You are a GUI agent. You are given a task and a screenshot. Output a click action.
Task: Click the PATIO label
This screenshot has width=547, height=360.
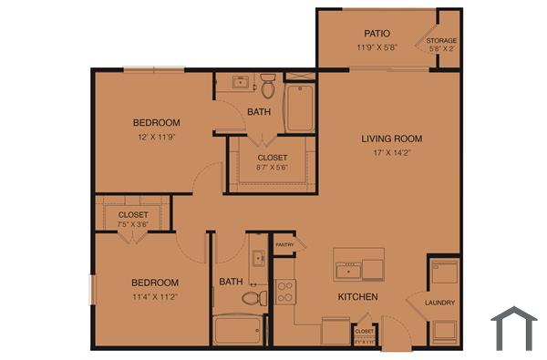pos(377,33)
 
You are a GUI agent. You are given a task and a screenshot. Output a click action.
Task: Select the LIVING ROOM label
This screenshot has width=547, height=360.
pos(391,139)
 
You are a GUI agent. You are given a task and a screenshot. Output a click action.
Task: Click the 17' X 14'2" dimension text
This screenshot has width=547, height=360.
pos(391,154)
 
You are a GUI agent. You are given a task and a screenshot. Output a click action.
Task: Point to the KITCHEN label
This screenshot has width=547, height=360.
pos(357,297)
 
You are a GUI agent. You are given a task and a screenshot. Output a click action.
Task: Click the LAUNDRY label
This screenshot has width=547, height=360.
pos(439,303)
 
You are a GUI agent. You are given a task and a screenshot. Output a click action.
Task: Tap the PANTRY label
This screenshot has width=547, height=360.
pos(284,244)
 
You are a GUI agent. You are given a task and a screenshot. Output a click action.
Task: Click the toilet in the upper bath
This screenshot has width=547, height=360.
pos(268,87)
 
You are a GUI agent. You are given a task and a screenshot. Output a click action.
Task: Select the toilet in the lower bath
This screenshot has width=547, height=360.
pos(254,297)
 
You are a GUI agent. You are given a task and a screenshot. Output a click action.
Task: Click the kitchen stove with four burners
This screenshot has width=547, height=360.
pos(285,292)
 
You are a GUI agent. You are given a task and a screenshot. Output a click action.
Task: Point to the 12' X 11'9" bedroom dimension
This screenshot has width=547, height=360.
pos(156,139)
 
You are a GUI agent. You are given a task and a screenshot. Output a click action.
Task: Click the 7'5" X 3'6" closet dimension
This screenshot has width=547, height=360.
pos(133,224)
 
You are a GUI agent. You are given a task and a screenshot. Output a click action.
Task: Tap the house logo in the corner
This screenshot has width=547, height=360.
pos(514,328)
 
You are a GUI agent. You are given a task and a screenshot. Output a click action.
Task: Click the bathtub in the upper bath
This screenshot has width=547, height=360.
pos(299,108)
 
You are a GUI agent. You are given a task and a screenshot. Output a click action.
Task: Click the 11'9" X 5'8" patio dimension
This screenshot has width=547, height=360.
pos(377,47)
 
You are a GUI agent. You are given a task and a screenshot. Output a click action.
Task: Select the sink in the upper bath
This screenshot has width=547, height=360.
pos(241,82)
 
